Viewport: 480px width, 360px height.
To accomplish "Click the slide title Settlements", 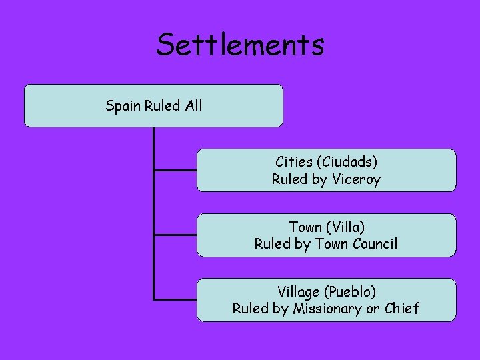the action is (x=240, y=45).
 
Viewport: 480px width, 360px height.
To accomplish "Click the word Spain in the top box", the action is (x=123, y=105).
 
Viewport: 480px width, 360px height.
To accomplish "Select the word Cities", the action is (x=294, y=162).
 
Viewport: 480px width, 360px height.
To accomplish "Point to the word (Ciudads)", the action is (x=347, y=162).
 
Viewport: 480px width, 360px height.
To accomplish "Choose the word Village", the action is (x=299, y=291).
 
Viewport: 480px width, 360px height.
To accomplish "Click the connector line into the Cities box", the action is (x=175, y=170).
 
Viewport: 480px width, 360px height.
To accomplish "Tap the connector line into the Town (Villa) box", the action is (x=175, y=235).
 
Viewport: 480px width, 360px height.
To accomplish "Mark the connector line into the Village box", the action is (x=175, y=299).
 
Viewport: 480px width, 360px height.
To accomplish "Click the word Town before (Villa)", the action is (x=305, y=227).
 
